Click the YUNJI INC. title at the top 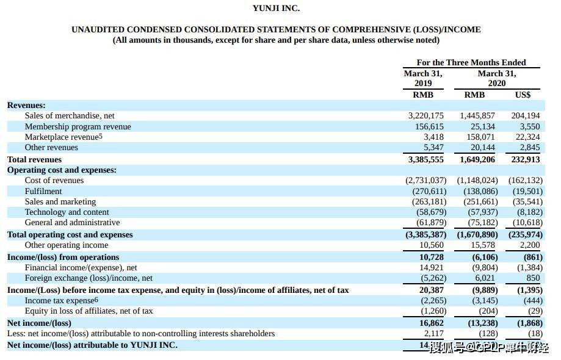[276, 9]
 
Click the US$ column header [523, 95]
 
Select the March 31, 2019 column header [423, 78]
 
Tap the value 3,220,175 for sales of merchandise [425, 115]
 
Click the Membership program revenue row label [78, 126]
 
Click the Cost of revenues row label [54, 180]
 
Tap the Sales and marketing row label [60, 201]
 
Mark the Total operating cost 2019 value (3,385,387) [425, 234]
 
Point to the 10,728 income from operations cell [432, 257]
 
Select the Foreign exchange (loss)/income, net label [89, 278]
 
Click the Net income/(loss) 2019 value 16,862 [432, 323]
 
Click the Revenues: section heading [26, 105]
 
